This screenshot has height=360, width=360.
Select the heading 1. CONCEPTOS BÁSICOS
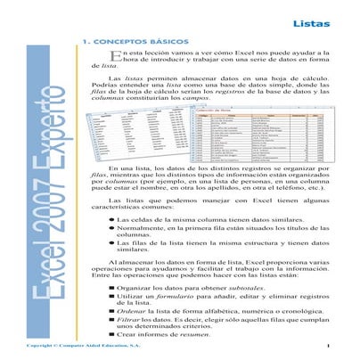[134, 41]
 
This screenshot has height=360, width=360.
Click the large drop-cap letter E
[100, 58]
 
